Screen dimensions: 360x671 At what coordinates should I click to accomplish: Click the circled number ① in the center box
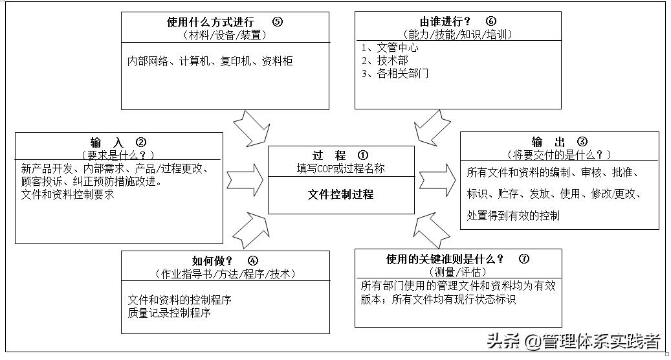tap(362, 155)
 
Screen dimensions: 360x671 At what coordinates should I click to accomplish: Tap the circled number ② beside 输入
tap(141, 142)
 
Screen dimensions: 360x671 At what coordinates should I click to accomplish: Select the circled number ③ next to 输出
tap(582, 142)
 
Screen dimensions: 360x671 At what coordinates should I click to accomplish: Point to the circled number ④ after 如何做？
tap(253, 260)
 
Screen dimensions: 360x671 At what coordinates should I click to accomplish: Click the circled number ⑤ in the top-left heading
tap(278, 21)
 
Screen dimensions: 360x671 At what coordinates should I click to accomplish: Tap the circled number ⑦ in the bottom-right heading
tap(524, 259)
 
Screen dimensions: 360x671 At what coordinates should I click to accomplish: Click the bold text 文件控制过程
tap(341, 194)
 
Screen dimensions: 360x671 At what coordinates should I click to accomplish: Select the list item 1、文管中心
tap(390, 48)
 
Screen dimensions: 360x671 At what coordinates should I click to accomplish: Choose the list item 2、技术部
tap(385, 60)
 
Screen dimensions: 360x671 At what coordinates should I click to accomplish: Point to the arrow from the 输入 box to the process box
tap(245, 176)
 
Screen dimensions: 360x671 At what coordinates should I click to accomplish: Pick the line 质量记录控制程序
tap(170, 313)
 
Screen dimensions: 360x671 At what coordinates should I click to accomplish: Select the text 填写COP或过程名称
tap(341, 168)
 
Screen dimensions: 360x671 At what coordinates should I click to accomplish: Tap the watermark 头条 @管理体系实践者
tap(573, 341)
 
